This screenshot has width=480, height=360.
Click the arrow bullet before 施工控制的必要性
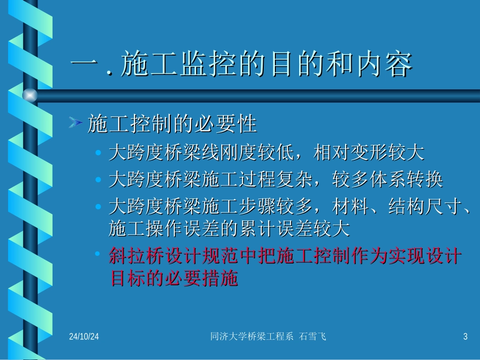(76, 123)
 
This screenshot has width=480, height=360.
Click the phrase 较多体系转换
(388, 180)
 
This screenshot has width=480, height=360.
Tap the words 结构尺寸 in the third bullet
(424, 207)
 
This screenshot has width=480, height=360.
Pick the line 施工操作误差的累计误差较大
(229, 230)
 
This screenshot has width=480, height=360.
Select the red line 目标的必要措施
(173, 279)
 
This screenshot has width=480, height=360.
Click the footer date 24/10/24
(84, 336)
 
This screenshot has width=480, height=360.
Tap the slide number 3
(465, 336)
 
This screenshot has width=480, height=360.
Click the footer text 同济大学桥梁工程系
(251, 336)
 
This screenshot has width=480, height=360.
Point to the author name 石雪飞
(313, 336)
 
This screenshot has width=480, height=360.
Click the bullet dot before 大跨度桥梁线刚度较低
(99, 152)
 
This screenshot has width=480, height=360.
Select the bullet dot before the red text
(99, 255)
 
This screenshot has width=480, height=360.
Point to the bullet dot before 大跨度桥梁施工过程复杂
(99, 179)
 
